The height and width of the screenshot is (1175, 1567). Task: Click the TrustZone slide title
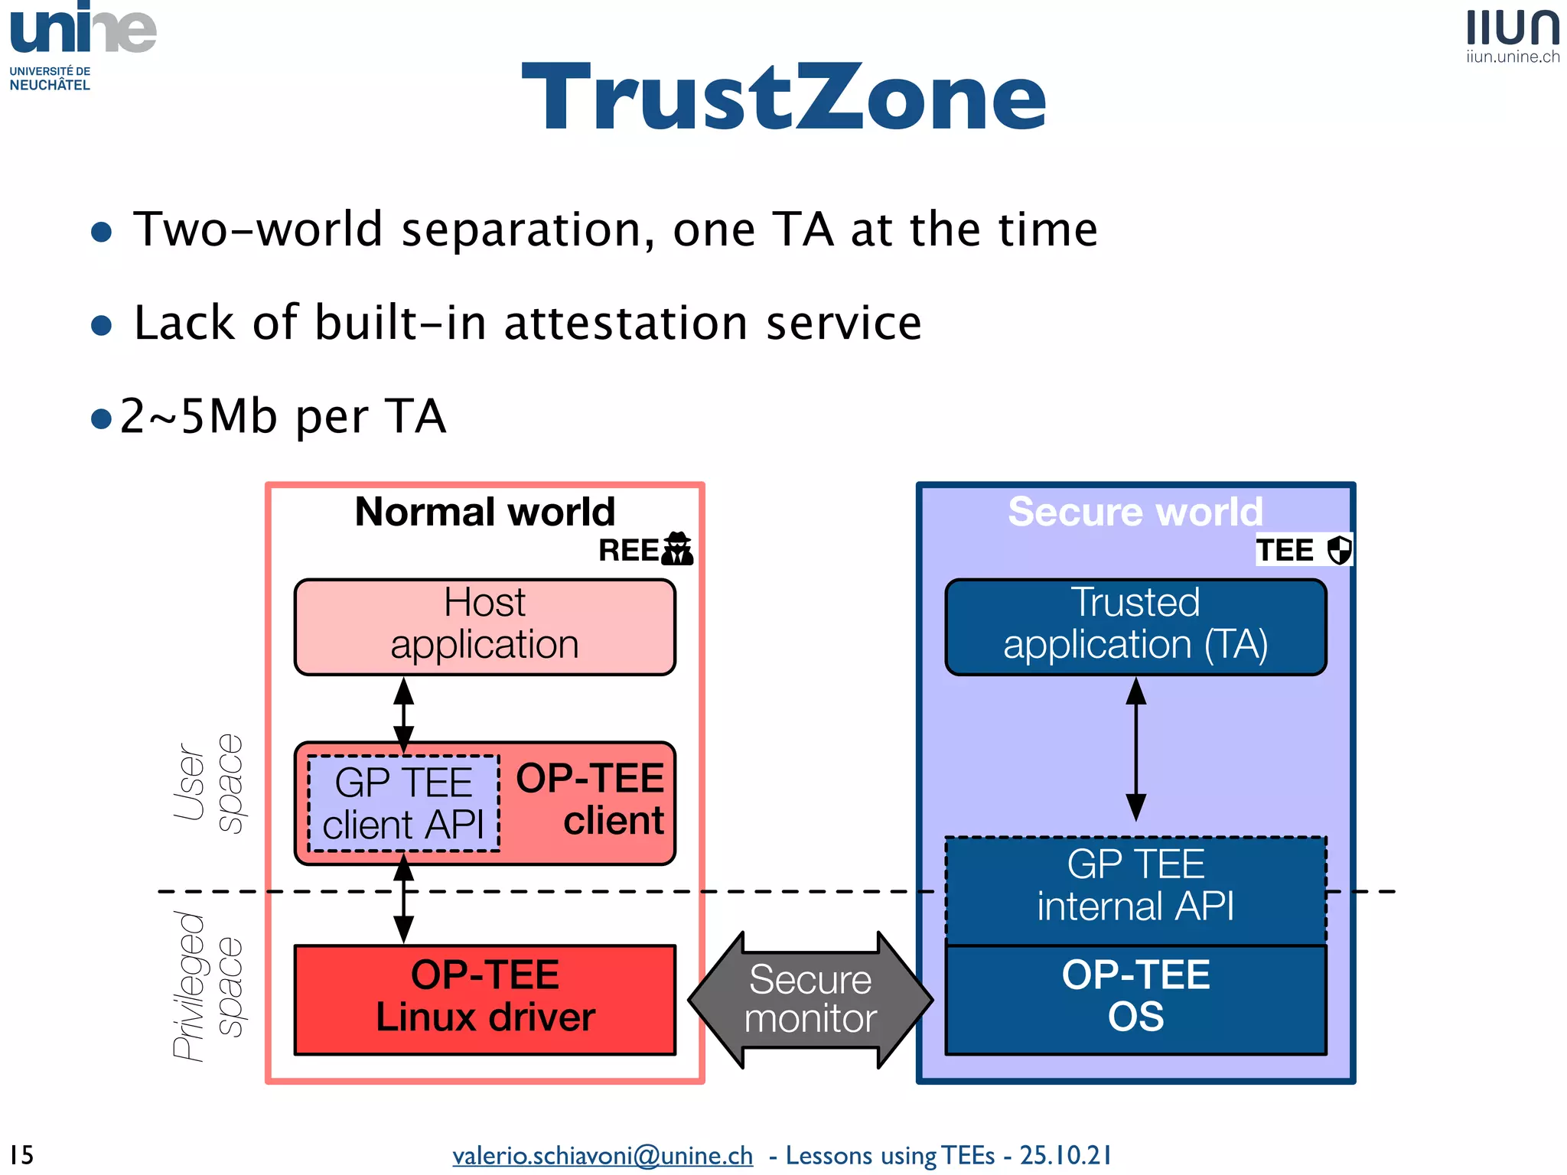[783, 98]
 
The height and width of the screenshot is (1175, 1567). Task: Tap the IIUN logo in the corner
[1513, 34]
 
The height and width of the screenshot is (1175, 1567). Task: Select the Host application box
[484, 627]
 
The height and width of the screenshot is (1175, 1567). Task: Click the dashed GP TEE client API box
[403, 803]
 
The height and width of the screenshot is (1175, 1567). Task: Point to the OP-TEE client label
[591, 799]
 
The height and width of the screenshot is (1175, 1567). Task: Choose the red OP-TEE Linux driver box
[484, 998]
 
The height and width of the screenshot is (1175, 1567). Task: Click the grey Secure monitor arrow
[810, 999]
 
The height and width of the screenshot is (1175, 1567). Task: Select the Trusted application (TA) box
[1135, 627]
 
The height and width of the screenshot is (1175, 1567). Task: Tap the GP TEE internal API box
[1135, 887]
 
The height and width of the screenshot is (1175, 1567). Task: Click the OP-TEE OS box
[1135, 998]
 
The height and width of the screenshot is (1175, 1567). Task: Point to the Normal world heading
[484, 512]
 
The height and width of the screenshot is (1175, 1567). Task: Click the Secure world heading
[1135, 512]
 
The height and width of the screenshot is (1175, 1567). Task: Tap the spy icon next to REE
[677, 548]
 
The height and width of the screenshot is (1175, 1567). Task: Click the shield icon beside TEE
[1339, 550]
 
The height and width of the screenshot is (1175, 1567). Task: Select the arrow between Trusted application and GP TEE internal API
[1136, 750]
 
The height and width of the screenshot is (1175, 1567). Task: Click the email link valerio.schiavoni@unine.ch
[602, 1155]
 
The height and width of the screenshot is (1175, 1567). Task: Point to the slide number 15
[21, 1154]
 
